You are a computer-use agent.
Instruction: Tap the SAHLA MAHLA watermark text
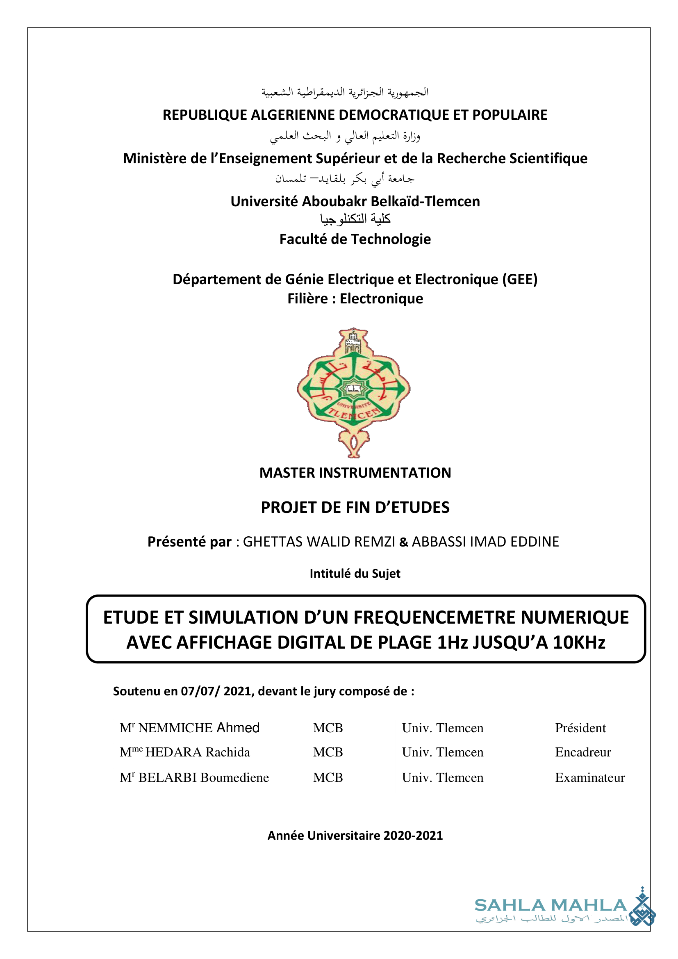click(x=551, y=905)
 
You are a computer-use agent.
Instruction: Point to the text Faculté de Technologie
click(x=355, y=239)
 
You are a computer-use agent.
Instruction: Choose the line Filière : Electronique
click(x=355, y=299)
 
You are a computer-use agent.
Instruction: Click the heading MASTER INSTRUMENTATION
click(x=355, y=473)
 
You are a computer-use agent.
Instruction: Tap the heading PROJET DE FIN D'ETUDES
click(x=355, y=508)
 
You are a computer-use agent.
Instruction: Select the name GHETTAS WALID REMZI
click(x=319, y=542)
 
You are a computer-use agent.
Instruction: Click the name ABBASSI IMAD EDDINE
click(x=485, y=542)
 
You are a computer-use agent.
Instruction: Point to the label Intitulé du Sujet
click(x=355, y=574)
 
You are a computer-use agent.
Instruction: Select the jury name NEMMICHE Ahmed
click(x=199, y=728)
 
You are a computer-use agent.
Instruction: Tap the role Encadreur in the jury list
click(x=583, y=753)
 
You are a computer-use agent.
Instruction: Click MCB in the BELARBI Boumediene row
click(x=328, y=778)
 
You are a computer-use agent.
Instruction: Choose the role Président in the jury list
click(x=580, y=728)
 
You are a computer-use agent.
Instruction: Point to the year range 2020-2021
click(x=413, y=835)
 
